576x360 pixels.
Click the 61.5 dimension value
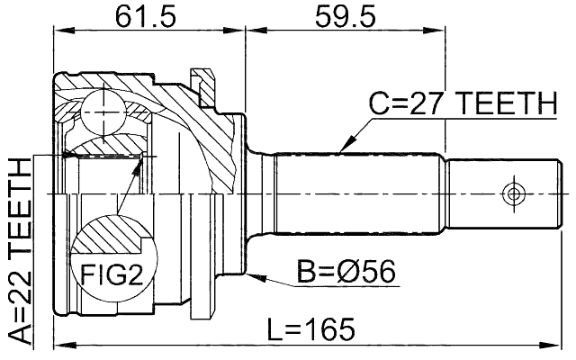point(148,16)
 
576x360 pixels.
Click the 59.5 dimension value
point(346,16)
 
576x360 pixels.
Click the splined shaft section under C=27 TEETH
point(360,193)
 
